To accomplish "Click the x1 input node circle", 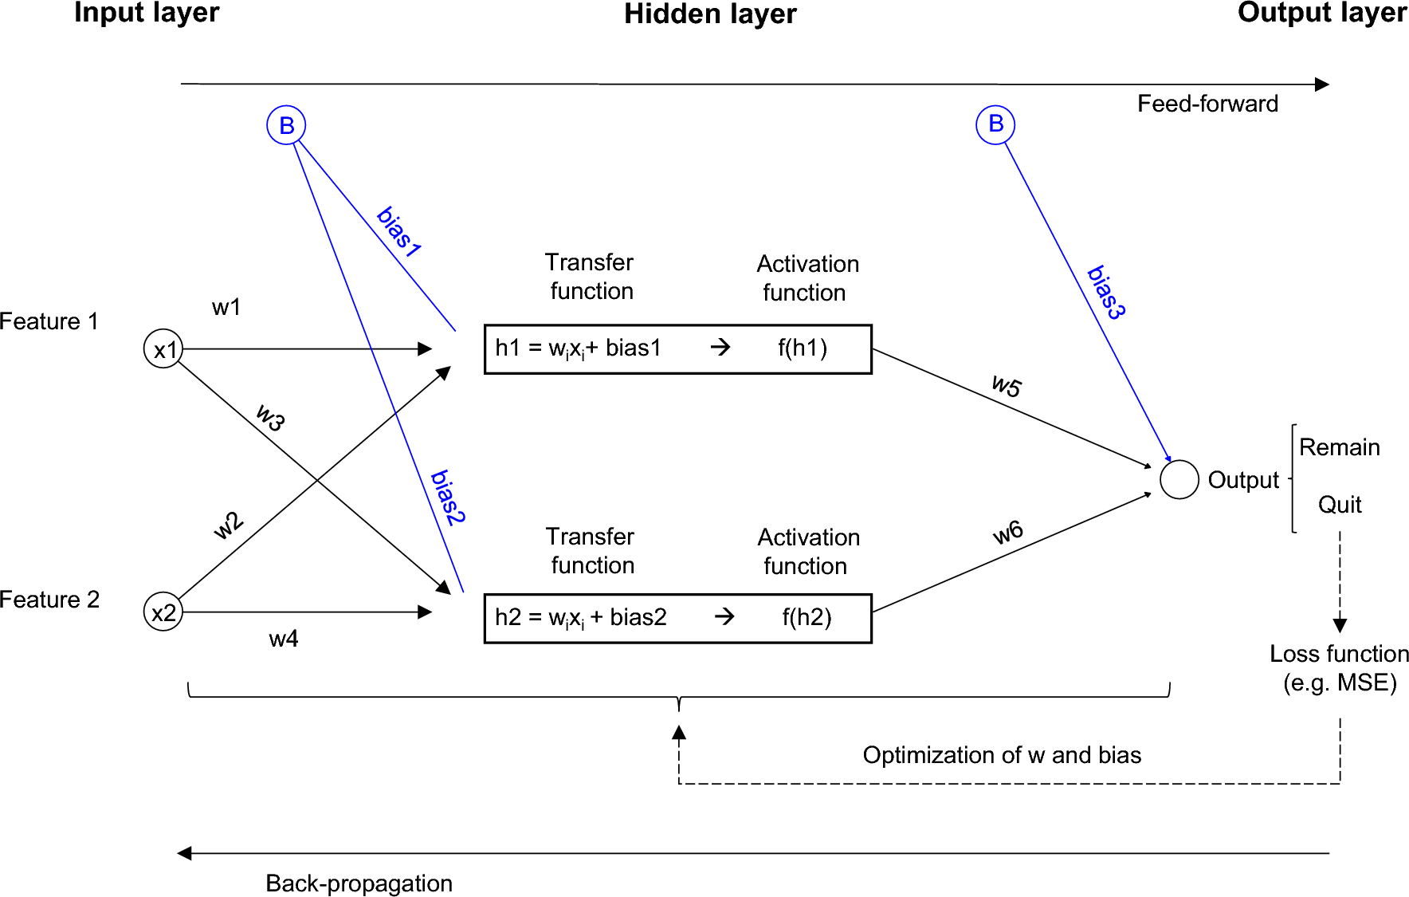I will point(163,349).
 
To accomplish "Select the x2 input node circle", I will point(163,612).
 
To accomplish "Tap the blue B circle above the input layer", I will point(286,125).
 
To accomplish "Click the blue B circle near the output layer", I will point(995,124).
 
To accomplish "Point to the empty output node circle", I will point(1179,480).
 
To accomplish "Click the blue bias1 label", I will point(398,232).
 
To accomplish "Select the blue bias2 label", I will point(447,498).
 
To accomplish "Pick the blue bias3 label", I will point(1106,293).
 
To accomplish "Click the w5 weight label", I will point(1007,386).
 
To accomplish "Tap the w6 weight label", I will point(1008,532).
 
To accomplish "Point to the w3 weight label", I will point(271,417).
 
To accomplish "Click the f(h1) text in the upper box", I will point(803,348).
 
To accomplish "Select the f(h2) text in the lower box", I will point(807,617).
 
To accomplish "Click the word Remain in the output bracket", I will point(1339,447).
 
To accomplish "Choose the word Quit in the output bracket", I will point(1340,505).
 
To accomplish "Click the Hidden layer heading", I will point(710,14).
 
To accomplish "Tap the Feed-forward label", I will point(1207,104).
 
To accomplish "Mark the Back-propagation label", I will point(359,883).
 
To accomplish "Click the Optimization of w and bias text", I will point(1002,755).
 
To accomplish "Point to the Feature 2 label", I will point(49,600).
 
